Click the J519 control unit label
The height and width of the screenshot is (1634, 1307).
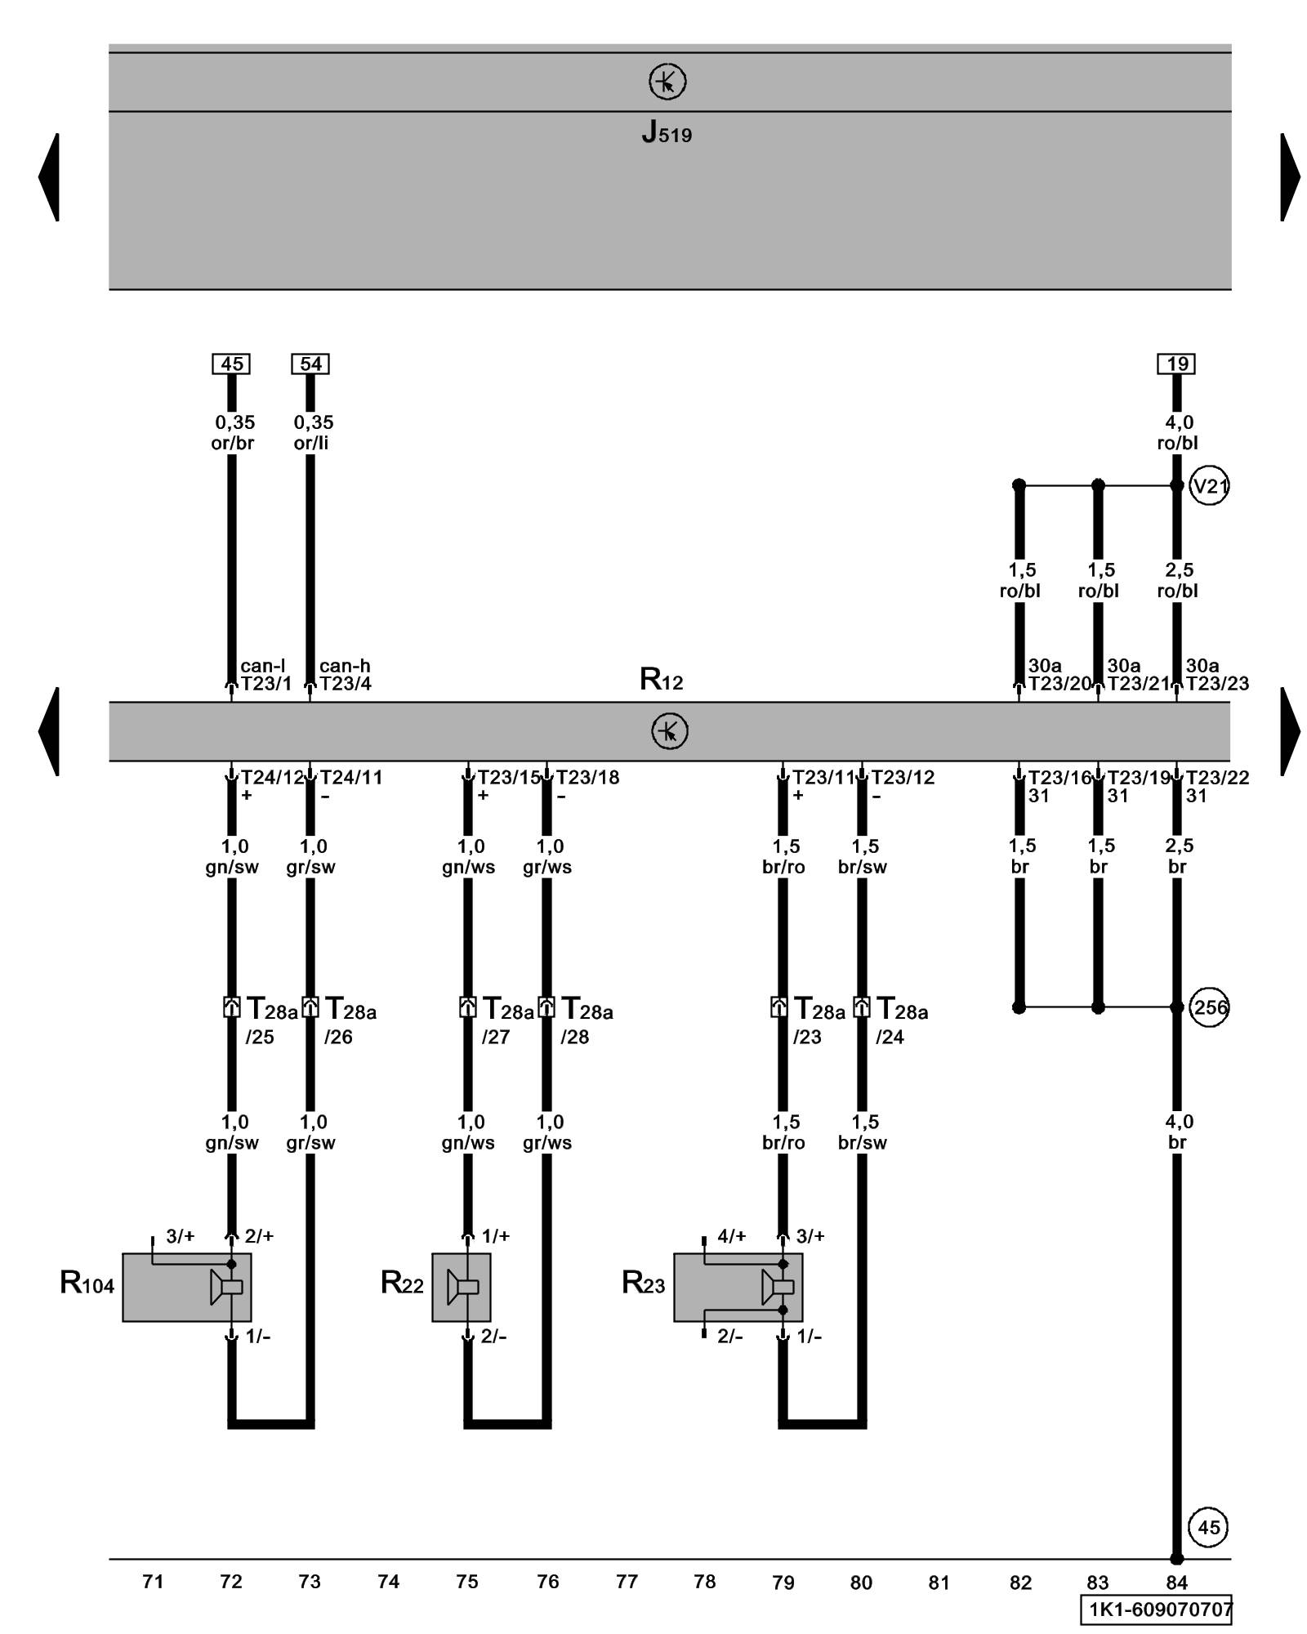click(667, 132)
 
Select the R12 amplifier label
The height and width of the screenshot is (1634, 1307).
click(661, 679)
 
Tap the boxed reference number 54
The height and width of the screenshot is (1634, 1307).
click(310, 364)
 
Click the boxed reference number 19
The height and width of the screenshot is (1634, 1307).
click(1176, 364)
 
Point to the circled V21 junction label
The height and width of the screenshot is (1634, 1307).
click(1209, 487)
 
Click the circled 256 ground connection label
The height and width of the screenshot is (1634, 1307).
click(1209, 1007)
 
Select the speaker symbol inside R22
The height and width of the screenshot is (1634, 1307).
click(463, 1288)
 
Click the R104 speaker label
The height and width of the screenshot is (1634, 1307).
click(87, 1284)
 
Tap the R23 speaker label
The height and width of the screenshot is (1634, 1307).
click(643, 1284)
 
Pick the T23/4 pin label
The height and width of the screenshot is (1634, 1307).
click(346, 684)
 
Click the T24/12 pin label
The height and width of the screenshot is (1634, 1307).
click(272, 777)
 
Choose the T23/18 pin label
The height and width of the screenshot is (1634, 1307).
click(587, 777)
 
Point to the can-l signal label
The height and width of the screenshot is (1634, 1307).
click(262, 666)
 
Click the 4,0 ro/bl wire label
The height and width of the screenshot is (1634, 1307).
click(1177, 433)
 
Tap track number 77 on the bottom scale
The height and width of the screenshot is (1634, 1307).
click(627, 1583)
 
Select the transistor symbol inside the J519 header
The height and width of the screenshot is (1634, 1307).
click(667, 83)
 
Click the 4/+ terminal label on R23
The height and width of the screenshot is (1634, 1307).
click(731, 1236)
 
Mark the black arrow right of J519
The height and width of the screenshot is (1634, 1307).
click(1290, 176)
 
